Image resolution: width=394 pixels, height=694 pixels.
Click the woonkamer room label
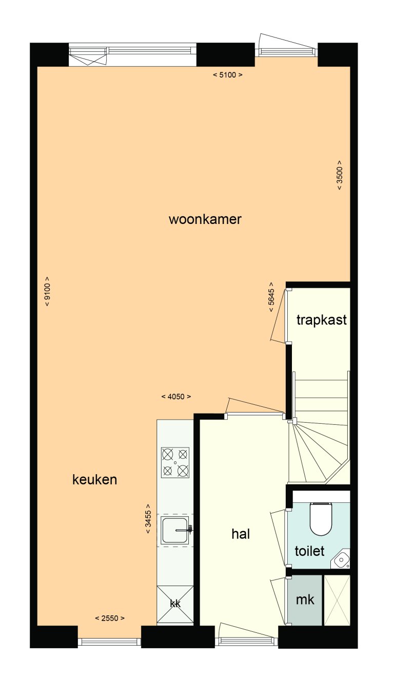[x=205, y=219]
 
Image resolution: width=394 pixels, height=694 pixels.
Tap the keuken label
[x=95, y=480]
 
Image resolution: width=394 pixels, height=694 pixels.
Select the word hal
[x=241, y=534]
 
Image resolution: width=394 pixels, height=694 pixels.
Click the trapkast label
[x=322, y=320]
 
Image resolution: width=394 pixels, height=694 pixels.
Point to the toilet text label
[x=310, y=551]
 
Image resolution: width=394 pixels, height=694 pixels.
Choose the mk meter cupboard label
[x=305, y=599]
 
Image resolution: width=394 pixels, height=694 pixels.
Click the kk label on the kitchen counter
[x=175, y=604]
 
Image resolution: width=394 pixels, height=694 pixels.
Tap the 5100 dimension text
[x=227, y=75]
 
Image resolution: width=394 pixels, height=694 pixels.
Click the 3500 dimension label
[x=339, y=176]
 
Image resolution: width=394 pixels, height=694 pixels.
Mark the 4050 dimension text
[x=176, y=397]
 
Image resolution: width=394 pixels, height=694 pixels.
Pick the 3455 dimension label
[x=148, y=519]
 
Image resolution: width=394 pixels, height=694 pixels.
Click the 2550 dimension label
[x=110, y=618]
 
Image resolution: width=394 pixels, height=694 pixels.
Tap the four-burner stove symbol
[x=175, y=462]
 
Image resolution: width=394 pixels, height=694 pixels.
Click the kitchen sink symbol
[x=175, y=530]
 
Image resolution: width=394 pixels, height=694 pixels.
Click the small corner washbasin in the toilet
[x=341, y=560]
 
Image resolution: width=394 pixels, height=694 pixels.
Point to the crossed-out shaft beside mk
[x=337, y=600]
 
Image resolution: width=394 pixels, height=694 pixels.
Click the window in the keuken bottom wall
[x=109, y=641]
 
